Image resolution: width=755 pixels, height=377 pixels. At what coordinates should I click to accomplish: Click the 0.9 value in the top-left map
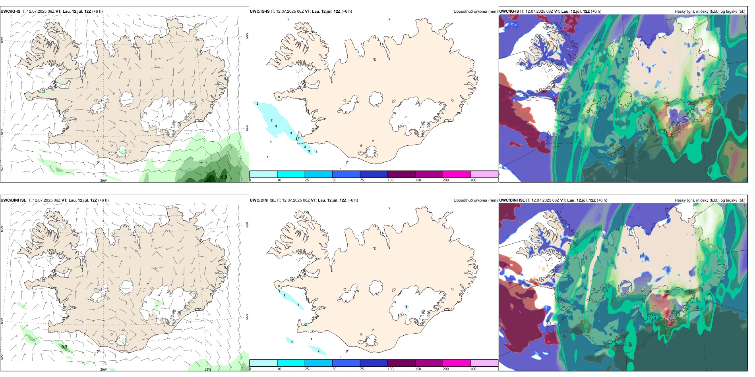(224, 177)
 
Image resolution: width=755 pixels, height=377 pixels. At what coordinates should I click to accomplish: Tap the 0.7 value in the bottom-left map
(64, 347)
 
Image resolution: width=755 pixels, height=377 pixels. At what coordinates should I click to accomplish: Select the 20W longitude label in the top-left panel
(103, 181)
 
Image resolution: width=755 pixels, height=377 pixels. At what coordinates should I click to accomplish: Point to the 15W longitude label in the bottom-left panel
(208, 369)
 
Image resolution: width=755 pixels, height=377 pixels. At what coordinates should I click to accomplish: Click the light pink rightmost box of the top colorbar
(484, 174)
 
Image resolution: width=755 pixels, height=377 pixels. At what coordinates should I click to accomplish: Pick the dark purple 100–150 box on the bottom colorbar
(401, 363)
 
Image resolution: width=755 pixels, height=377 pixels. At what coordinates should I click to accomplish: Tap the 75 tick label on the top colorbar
(362, 180)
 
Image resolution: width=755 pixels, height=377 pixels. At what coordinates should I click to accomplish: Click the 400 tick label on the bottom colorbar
(473, 369)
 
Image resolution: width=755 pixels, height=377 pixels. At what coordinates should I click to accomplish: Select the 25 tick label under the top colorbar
(307, 180)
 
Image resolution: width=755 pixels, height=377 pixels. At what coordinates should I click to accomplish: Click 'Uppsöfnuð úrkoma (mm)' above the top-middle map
(475, 12)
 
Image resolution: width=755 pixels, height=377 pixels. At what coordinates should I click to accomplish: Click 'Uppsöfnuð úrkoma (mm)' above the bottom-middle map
(475, 200)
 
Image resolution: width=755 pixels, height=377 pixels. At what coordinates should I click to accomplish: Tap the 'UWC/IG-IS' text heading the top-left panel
(10, 12)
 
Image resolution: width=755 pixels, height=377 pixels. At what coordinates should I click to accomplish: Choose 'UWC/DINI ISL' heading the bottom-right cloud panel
(512, 200)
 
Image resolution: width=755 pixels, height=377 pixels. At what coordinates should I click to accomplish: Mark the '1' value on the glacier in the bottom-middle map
(406, 307)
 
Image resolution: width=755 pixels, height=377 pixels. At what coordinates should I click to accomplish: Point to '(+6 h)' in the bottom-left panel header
(103, 200)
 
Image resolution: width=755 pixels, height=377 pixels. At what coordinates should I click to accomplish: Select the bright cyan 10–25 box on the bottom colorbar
(291, 363)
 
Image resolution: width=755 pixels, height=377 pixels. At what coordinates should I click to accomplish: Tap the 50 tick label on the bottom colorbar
(334, 369)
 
